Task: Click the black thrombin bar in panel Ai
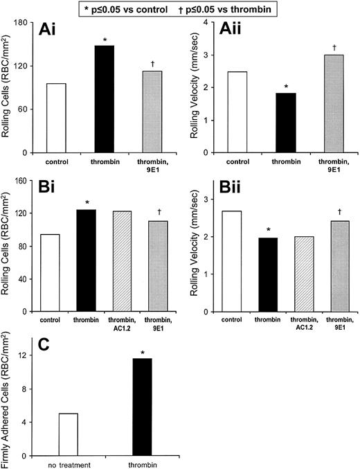click(x=104, y=99)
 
